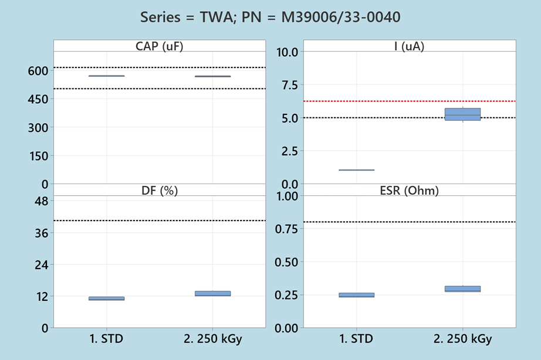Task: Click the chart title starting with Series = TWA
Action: [270, 17]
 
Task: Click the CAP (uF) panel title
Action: [159, 46]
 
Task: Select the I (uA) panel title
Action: [409, 46]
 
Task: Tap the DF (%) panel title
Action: [159, 190]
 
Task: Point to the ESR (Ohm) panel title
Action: [409, 190]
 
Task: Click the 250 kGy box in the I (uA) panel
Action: [462, 114]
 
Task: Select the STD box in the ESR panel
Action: [356, 295]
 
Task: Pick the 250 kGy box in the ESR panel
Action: [462, 288]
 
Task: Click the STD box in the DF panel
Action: [106, 298]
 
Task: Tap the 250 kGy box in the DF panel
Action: [212, 293]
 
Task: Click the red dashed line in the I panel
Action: [409, 101]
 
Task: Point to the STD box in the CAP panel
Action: [106, 76]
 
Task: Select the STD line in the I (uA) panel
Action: [356, 170]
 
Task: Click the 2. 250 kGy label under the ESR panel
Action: [462, 339]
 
